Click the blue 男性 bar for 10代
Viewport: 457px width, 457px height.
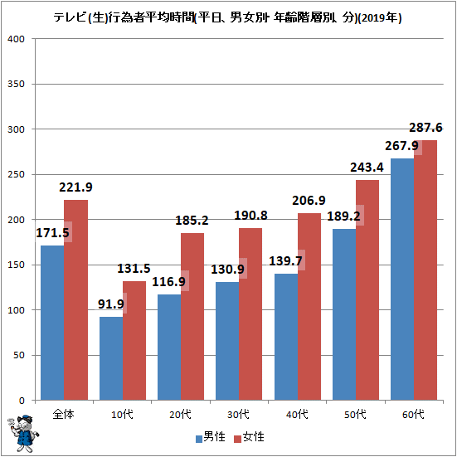pos(111,358)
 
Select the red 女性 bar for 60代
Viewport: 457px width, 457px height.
pos(425,270)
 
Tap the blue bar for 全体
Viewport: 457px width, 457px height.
pos(52,323)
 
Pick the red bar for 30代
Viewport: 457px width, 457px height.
pos(250,314)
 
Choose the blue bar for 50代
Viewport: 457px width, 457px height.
pos(344,314)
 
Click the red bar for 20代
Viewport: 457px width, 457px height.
pos(192,317)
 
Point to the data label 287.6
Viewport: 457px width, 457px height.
pos(425,128)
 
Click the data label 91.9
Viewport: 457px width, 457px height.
pos(111,304)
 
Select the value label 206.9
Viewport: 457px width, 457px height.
pos(309,201)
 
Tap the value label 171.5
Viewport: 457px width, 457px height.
pos(52,232)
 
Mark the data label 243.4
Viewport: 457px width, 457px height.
pos(367,168)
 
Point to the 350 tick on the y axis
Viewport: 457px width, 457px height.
pos(17,84)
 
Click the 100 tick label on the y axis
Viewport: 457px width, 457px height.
pos(17,310)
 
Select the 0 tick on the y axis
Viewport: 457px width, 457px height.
pos(22,401)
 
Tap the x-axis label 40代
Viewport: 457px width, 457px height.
pos(297,414)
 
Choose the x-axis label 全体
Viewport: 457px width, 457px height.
pos(64,414)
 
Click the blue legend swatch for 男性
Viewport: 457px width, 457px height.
pos(199,439)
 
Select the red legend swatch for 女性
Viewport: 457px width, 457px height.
pos(238,439)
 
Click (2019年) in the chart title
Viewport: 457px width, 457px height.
pos(380,18)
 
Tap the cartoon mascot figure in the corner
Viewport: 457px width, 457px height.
pos(23,434)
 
